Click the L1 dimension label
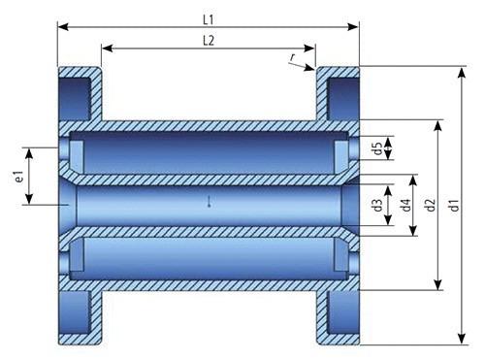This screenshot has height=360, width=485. pyautogui.click(x=209, y=20)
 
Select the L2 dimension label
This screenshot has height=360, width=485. pyautogui.click(x=209, y=41)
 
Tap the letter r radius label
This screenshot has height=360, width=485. pyautogui.click(x=293, y=58)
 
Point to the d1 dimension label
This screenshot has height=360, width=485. pyautogui.click(x=455, y=205)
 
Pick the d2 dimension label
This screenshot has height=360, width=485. pyautogui.click(x=431, y=205)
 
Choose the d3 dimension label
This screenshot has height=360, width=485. pyautogui.click(x=377, y=205)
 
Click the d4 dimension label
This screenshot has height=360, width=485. pyautogui.click(x=406, y=205)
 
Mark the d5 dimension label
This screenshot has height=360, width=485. pyautogui.click(x=377, y=148)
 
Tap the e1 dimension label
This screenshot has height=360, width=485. pyautogui.click(x=19, y=177)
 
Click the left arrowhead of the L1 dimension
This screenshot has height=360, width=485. pyautogui.click(x=63, y=27)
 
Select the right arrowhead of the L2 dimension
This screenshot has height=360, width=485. pyautogui.click(x=309, y=49)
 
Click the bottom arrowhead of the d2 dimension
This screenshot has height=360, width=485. pyautogui.click(x=438, y=285)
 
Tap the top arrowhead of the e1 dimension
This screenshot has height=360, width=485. pyautogui.click(x=29, y=153)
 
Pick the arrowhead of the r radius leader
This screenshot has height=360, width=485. pyautogui.click(x=310, y=68)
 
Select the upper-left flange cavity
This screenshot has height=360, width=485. pyautogui.click(x=75, y=98)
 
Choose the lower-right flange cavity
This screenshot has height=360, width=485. pyautogui.click(x=343, y=312)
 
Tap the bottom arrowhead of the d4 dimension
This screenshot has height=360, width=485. pyautogui.click(x=413, y=231)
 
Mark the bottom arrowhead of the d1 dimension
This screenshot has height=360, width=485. pyautogui.click(x=463, y=340)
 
